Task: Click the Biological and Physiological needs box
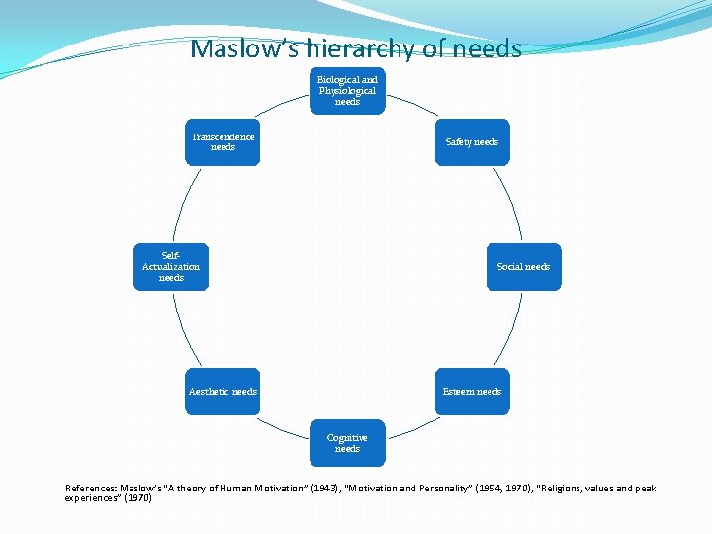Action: point(347,90)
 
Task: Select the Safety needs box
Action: point(472,142)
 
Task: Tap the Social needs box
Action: point(523,267)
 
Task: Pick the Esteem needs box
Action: point(472,392)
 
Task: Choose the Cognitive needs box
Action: point(347,443)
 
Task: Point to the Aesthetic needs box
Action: point(222,392)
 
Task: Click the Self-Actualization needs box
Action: point(171,267)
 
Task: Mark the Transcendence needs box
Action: point(222,142)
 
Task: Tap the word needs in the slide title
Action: point(489,48)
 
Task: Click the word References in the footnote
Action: point(91,489)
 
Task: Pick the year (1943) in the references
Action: point(320,489)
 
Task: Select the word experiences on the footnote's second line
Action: point(92,498)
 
